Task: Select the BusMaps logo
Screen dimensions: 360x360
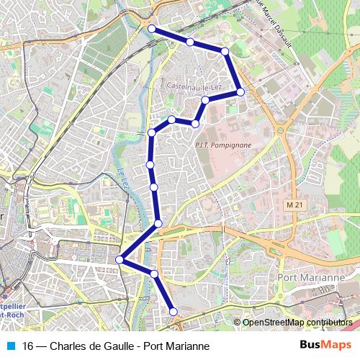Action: point(325,346)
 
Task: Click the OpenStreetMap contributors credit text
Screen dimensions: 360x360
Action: point(296,322)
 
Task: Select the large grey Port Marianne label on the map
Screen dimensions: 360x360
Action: point(312,277)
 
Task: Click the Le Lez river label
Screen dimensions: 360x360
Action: point(122,176)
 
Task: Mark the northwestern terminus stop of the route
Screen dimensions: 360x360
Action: point(152,29)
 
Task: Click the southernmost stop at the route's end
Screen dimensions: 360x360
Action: point(173,311)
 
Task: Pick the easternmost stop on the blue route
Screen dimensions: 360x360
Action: point(240,92)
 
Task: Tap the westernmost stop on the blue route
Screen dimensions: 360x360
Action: point(120,260)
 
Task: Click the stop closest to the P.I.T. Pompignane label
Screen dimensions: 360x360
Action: point(195,124)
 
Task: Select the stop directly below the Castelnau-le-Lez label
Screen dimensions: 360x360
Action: point(205,100)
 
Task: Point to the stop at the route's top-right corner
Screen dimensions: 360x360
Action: point(225,52)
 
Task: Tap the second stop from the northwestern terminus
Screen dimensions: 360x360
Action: point(189,42)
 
